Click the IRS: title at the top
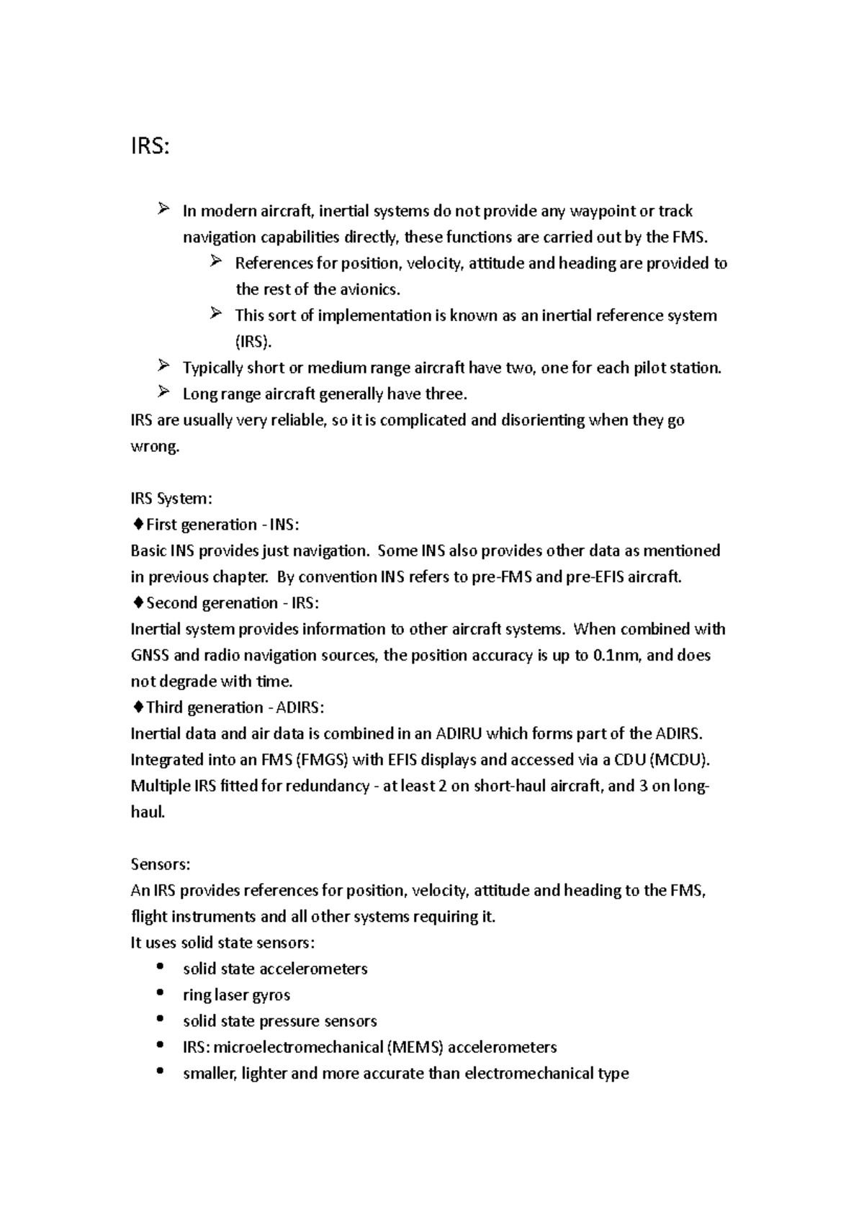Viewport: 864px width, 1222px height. point(150,147)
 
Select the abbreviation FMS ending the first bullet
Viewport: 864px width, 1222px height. point(690,237)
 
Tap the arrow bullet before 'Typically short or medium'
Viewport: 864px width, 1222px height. point(163,367)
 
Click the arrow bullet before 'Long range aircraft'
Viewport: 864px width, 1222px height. point(163,393)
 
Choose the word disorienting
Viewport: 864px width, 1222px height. point(539,420)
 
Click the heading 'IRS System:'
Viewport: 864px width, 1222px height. point(171,499)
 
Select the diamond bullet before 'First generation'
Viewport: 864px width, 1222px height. point(138,525)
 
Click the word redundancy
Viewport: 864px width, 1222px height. point(327,786)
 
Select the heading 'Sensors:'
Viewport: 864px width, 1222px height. point(160,864)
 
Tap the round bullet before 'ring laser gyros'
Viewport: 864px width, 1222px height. point(160,993)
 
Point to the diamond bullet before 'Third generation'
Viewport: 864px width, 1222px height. point(138,707)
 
